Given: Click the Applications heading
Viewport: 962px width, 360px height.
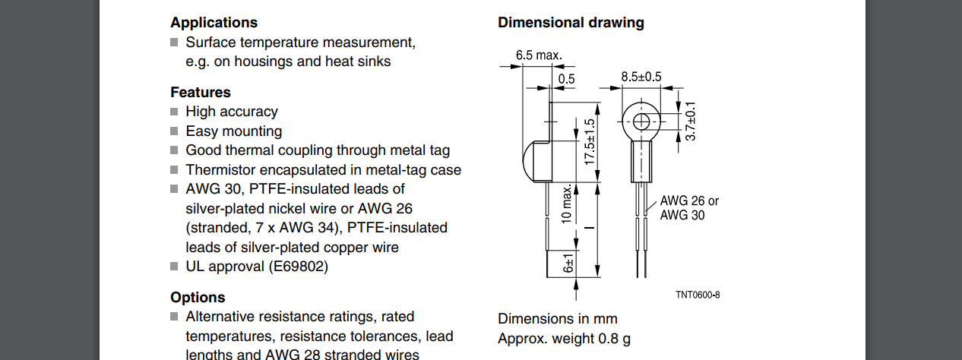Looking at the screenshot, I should [x=214, y=23].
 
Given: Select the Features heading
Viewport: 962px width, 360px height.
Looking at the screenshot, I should [x=200, y=93].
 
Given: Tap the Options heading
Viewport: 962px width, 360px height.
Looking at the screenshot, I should [x=198, y=298].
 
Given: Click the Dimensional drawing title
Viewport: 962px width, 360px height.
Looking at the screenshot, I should [x=571, y=23].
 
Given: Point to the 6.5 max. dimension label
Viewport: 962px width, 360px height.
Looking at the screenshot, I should [x=538, y=55].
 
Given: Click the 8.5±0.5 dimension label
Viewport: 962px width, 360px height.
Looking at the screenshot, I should [x=641, y=77].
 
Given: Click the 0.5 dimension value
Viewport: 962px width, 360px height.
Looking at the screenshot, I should [x=567, y=79].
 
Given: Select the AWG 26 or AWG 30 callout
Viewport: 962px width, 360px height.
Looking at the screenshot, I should [x=688, y=208].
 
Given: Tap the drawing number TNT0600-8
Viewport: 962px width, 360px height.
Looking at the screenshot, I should [x=697, y=295].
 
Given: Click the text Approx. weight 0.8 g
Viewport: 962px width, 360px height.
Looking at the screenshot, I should [x=564, y=339].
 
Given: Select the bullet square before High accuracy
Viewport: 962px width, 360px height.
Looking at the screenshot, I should [x=175, y=112].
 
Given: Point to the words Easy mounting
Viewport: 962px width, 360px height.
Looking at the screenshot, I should [x=233, y=131].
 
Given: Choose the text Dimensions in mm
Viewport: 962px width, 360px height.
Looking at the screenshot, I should [x=558, y=319].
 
